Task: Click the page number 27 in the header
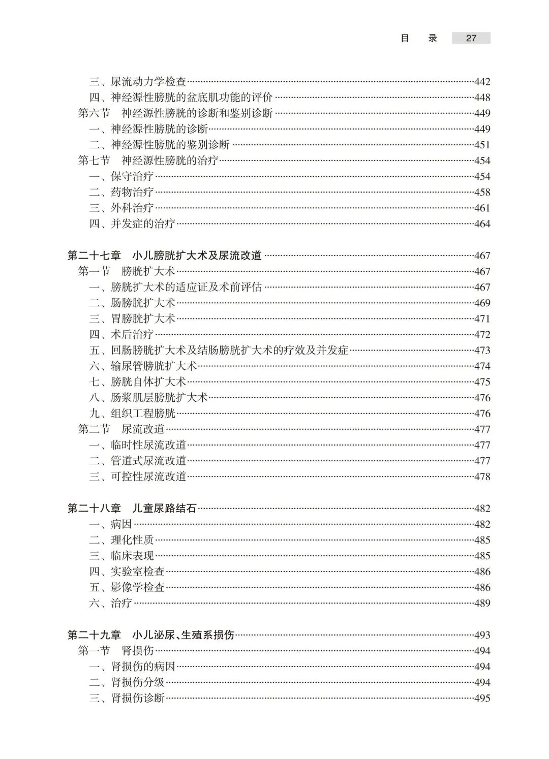(x=471, y=38)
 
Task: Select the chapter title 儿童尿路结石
(x=164, y=509)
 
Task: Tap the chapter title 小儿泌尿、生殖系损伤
(x=183, y=635)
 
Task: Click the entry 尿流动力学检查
(x=148, y=82)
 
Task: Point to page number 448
(x=482, y=98)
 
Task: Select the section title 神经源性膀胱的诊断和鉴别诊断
(x=197, y=113)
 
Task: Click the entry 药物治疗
(x=132, y=192)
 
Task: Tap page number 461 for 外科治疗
(x=482, y=208)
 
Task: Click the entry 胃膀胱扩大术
(x=143, y=319)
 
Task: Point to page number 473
(x=482, y=350)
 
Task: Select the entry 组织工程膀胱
(x=143, y=414)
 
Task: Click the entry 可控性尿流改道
(x=148, y=477)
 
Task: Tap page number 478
(x=482, y=477)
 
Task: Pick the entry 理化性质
(x=132, y=540)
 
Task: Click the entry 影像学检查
(x=138, y=587)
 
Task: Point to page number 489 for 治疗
(x=482, y=603)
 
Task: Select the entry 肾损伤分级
(x=138, y=682)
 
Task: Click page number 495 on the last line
(x=482, y=698)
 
